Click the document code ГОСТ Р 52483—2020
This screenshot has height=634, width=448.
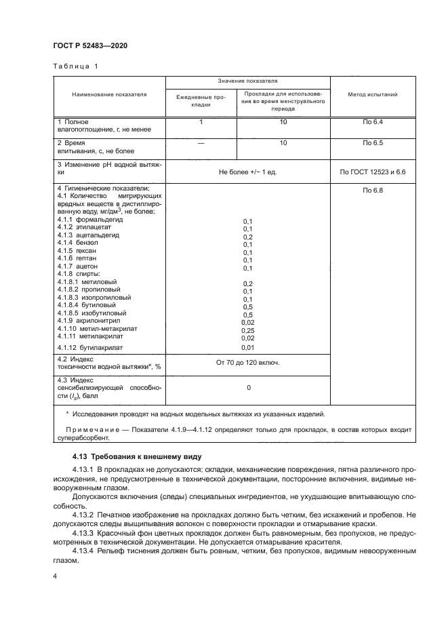pos(90,45)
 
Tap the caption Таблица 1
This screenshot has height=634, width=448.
pos(75,66)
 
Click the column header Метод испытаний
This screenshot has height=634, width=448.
pos(373,94)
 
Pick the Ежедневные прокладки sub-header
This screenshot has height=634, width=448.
pos(201,101)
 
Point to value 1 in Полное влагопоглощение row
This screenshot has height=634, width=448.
pos(201,121)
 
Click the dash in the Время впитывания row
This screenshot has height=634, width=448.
pos(201,143)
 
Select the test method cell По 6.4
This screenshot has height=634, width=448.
pos(373,121)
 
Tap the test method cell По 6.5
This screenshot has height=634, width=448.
pos(373,143)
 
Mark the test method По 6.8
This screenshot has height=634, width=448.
pos(373,191)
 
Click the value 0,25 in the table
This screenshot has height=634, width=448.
pos(247,330)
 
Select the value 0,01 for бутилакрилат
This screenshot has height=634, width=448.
pos(247,347)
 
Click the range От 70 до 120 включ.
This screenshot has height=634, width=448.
pos(247,363)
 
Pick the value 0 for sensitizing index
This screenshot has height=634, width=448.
pos(248,388)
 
